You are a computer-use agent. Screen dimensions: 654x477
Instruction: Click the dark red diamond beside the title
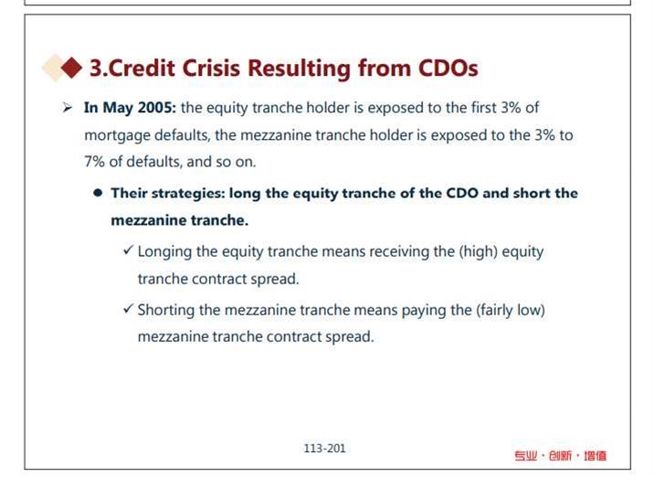click(71, 68)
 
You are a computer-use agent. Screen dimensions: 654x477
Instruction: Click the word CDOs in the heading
click(448, 68)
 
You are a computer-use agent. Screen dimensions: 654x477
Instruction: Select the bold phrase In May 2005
click(130, 108)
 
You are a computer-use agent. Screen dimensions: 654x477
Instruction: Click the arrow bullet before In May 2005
click(68, 108)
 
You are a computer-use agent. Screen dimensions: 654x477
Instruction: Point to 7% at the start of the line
click(94, 162)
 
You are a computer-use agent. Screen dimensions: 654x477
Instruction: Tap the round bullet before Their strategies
click(98, 193)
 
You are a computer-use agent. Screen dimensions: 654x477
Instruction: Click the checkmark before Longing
click(128, 250)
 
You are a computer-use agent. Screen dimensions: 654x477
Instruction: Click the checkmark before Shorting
click(128, 309)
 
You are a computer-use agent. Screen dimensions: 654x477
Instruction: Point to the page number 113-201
click(324, 449)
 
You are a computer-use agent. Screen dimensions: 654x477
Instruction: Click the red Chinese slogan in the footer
click(560, 455)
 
